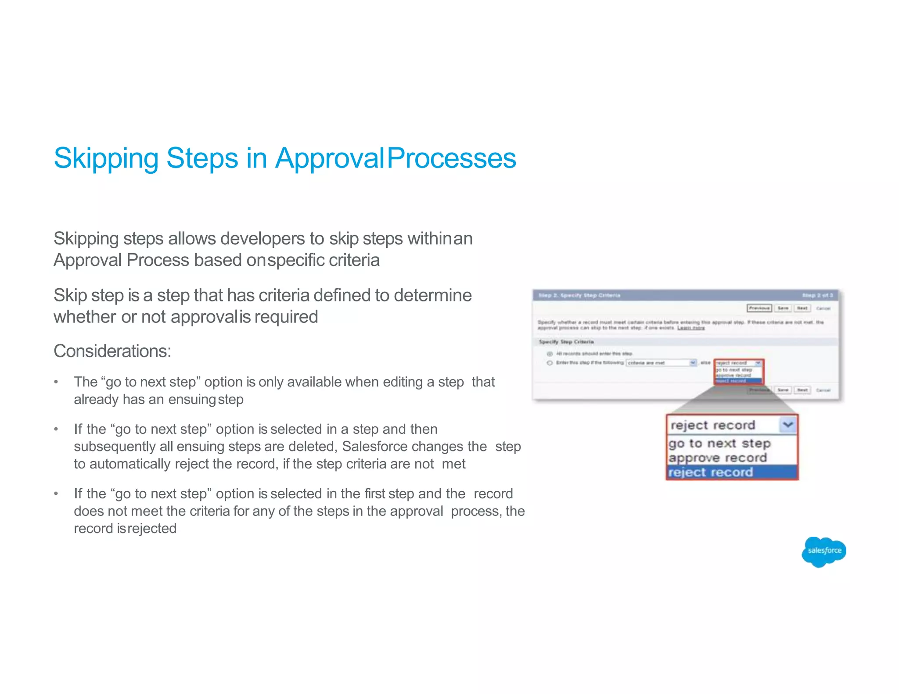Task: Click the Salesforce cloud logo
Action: pos(823,551)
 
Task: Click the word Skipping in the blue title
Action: pos(106,158)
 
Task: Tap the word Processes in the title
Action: pos(452,158)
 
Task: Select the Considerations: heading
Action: pos(112,351)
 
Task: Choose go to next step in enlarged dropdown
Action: pos(720,444)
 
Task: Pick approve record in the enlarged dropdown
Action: pos(718,458)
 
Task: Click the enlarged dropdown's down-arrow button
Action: pos(788,425)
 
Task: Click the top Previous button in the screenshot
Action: pos(759,308)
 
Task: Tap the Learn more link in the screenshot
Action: pos(691,328)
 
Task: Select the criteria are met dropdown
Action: pos(661,363)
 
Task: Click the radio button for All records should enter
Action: pos(550,354)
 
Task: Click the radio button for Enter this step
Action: pos(550,363)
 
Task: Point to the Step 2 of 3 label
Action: pos(817,295)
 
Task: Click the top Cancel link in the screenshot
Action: pos(823,308)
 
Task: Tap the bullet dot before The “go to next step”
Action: pos(56,382)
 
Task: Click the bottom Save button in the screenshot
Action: pos(783,390)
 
